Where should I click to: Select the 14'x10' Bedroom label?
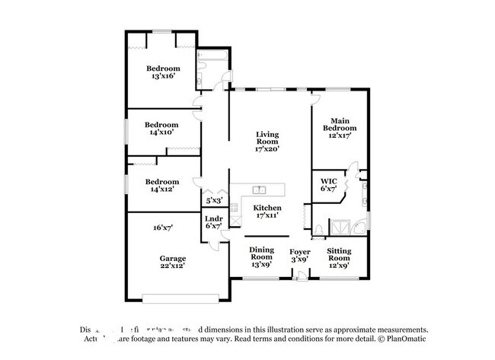(x=161, y=128)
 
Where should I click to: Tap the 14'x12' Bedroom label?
(x=161, y=185)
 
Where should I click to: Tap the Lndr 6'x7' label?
(x=213, y=222)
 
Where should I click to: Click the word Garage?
(x=172, y=258)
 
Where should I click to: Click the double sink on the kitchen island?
(x=259, y=190)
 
